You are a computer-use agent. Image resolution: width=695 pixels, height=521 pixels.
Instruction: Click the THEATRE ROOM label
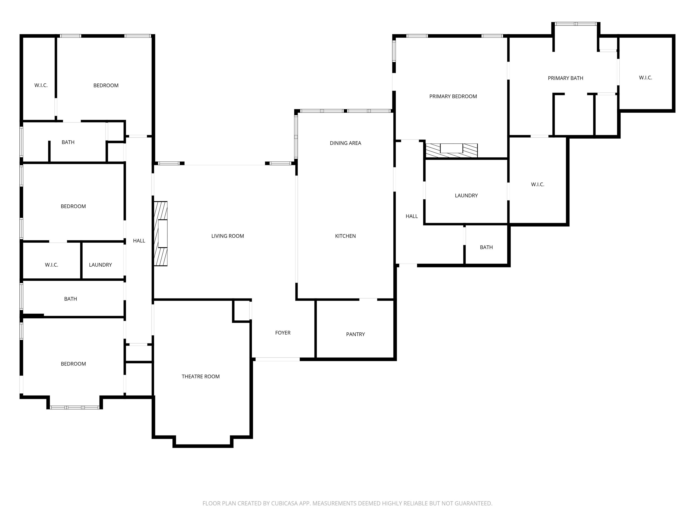(x=200, y=377)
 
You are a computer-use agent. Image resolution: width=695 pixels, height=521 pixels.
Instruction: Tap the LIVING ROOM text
(x=227, y=236)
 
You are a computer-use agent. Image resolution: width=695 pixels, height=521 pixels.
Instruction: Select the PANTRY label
(x=355, y=334)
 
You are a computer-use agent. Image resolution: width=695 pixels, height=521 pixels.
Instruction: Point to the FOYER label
(x=283, y=333)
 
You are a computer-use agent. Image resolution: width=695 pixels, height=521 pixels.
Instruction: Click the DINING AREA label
(x=345, y=143)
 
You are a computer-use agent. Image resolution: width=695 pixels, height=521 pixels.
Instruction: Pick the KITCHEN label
(x=345, y=236)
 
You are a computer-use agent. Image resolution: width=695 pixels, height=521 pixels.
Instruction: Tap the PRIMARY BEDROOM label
(x=453, y=96)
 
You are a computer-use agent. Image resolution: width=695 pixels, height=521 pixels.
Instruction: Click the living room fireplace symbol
(x=161, y=234)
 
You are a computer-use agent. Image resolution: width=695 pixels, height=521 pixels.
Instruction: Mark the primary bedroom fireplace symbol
(x=452, y=150)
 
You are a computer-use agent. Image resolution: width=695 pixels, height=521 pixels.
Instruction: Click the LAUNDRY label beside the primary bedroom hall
(x=466, y=196)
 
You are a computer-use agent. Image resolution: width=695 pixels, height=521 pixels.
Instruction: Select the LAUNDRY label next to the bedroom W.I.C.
(x=100, y=265)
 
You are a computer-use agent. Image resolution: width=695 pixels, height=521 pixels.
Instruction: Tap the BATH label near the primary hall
(x=486, y=247)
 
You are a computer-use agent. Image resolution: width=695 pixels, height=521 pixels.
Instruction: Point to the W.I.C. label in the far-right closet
(x=645, y=78)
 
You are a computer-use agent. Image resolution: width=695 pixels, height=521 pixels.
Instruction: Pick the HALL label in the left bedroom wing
(x=139, y=241)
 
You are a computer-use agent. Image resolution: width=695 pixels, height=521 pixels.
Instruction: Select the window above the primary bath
(x=576, y=24)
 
